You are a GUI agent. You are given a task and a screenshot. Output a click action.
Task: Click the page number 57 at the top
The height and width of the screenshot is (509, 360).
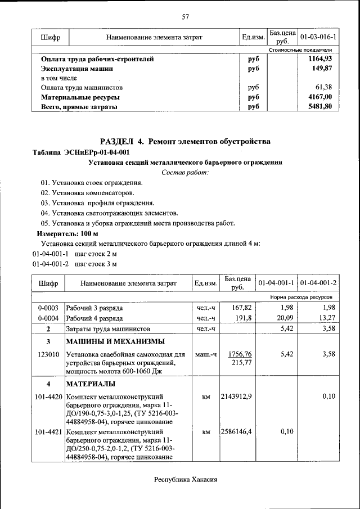[185, 16]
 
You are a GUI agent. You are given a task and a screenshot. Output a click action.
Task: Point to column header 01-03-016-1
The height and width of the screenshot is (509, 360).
[319, 37]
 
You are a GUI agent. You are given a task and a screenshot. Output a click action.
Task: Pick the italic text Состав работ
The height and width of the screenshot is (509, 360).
[185, 172]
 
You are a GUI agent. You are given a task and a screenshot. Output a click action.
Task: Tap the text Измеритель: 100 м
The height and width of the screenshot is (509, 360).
[67, 233]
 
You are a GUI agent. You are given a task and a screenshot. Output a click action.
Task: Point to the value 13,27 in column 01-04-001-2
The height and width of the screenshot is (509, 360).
[326, 318]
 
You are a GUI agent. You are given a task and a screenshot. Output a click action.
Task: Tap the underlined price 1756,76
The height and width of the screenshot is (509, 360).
[240, 354]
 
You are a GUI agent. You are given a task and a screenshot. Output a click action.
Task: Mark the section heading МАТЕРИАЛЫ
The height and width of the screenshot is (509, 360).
[91, 384]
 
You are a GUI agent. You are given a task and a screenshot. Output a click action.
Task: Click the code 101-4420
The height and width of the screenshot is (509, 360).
[48, 397]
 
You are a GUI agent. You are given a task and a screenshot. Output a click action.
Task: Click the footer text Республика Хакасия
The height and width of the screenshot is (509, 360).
[185, 479]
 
